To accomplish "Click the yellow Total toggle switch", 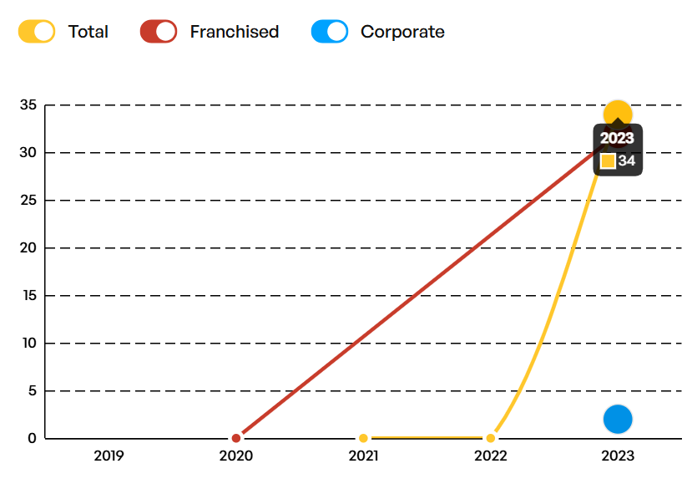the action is tap(37, 32).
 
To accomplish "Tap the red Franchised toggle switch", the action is tap(159, 32).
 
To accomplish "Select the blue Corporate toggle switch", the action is tap(330, 32).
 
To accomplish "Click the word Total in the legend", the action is tap(88, 32).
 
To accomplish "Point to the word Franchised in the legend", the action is tap(235, 32).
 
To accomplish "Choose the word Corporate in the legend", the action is tap(402, 32).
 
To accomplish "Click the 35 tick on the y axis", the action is tap(28, 105).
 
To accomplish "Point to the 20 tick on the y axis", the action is tap(28, 248).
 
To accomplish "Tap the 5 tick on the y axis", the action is tap(33, 391).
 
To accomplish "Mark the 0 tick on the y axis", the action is tap(32, 439).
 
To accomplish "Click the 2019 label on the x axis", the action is tap(109, 456).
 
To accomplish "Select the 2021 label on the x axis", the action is tap(364, 456).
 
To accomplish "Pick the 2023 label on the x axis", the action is tap(618, 456).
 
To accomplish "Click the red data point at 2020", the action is tap(236, 438).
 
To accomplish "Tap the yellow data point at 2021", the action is tap(363, 438).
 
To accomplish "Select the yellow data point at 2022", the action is tap(490, 438).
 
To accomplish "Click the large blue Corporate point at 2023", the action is tap(618, 420).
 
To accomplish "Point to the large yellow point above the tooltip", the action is tap(618, 112).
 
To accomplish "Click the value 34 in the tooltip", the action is tap(627, 160).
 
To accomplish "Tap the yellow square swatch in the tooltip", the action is tap(608, 161).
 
